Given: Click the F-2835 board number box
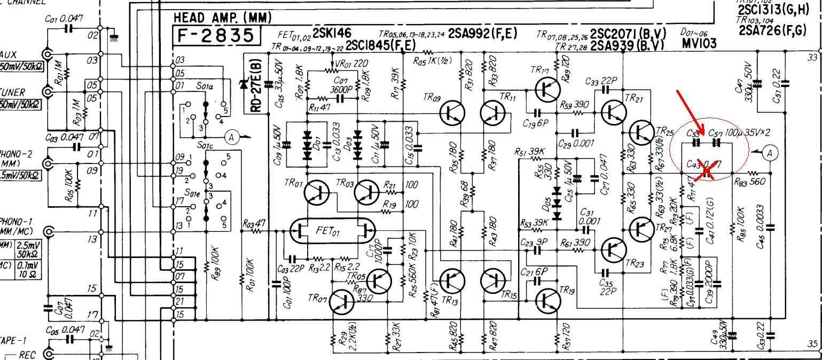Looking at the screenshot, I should point(216,36).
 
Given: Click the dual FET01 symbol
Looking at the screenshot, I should point(332,231).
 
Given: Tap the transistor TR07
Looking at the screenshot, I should point(342,302).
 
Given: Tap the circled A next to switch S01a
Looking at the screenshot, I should point(232,137).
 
